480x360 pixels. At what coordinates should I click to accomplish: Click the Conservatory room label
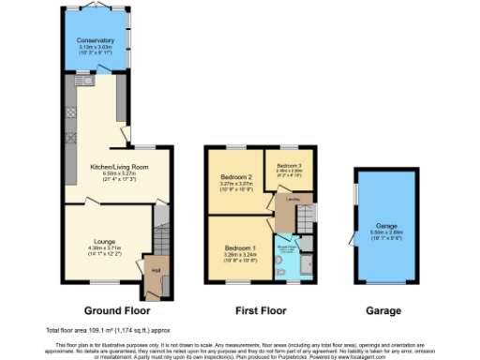click(96, 41)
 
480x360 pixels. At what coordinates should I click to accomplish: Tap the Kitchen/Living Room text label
click(118, 167)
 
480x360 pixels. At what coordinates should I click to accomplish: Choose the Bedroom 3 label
click(288, 165)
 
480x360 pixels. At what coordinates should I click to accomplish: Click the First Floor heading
click(259, 310)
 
